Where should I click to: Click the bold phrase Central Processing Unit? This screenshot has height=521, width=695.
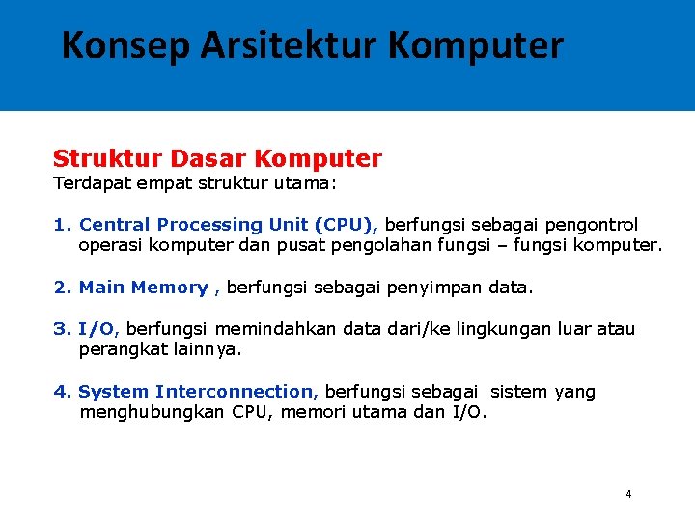[x=193, y=224]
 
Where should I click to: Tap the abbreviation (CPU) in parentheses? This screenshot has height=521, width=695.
[x=346, y=224]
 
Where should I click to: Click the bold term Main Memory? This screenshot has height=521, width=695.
[x=143, y=288]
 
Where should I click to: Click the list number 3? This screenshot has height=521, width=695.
[x=60, y=329]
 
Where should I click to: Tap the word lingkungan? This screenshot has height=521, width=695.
[x=503, y=329]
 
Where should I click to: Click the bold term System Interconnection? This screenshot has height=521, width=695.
[x=196, y=392]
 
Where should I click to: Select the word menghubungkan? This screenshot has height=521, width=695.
[x=152, y=413]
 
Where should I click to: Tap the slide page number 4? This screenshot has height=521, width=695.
[x=628, y=494]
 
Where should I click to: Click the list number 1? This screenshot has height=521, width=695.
[x=60, y=224]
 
